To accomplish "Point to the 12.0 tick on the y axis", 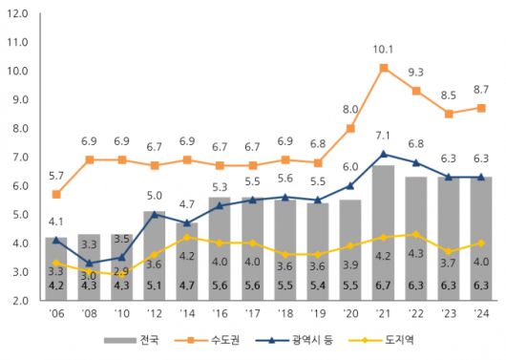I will pos(17,13).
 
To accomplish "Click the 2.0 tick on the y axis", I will pos(17,301).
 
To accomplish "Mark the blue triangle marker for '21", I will pos(383,154).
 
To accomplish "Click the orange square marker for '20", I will pos(350,128).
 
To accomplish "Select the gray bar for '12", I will pos(155,250).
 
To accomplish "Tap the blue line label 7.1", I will pos(383,135).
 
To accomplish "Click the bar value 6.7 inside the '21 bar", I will pos(383,285).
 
